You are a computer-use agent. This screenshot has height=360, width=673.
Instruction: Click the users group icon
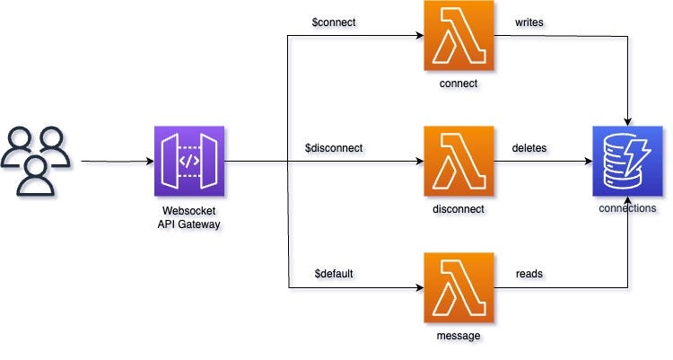[35, 161]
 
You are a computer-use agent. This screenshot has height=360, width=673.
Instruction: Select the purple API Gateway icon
[189, 162]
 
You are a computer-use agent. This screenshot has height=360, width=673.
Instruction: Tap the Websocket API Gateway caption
[189, 216]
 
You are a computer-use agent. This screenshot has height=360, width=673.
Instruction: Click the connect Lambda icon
[459, 36]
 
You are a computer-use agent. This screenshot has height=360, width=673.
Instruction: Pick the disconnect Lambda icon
[459, 162]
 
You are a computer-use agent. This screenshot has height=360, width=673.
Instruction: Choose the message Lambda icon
[459, 287]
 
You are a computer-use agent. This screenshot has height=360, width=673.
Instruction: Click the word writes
[529, 21]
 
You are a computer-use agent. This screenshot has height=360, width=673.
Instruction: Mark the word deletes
[530, 147]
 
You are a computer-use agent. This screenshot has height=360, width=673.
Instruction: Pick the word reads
[528, 272]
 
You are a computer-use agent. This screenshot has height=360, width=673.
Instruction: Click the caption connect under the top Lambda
[459, 83]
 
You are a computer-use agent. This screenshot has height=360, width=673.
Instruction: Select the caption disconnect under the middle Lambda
[459, 209]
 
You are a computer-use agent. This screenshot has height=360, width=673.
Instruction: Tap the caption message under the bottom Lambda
[459, 335]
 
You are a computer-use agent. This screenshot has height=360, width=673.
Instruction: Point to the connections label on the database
[627, 208]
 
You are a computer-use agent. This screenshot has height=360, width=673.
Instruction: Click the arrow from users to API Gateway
[117, 162]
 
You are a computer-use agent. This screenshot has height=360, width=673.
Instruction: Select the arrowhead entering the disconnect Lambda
[418, 162]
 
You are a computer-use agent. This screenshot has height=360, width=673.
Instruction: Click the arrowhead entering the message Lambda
[418, 288]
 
